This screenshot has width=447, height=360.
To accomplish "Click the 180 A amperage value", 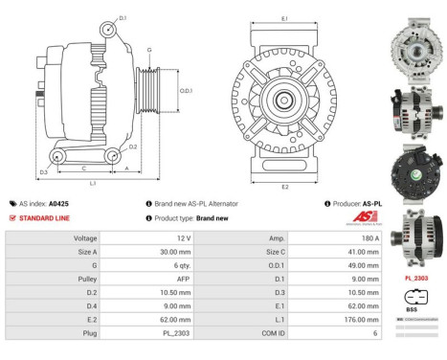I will pos(358,237).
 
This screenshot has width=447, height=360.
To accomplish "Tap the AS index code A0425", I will pos(58,204).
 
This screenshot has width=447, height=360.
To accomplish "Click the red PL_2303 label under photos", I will pos(416,278).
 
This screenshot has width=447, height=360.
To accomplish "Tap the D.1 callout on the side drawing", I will pos(122,18).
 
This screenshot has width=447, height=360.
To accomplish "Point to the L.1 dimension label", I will pos(92,182).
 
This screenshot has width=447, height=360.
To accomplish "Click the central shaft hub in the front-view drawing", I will pos(285,101).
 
